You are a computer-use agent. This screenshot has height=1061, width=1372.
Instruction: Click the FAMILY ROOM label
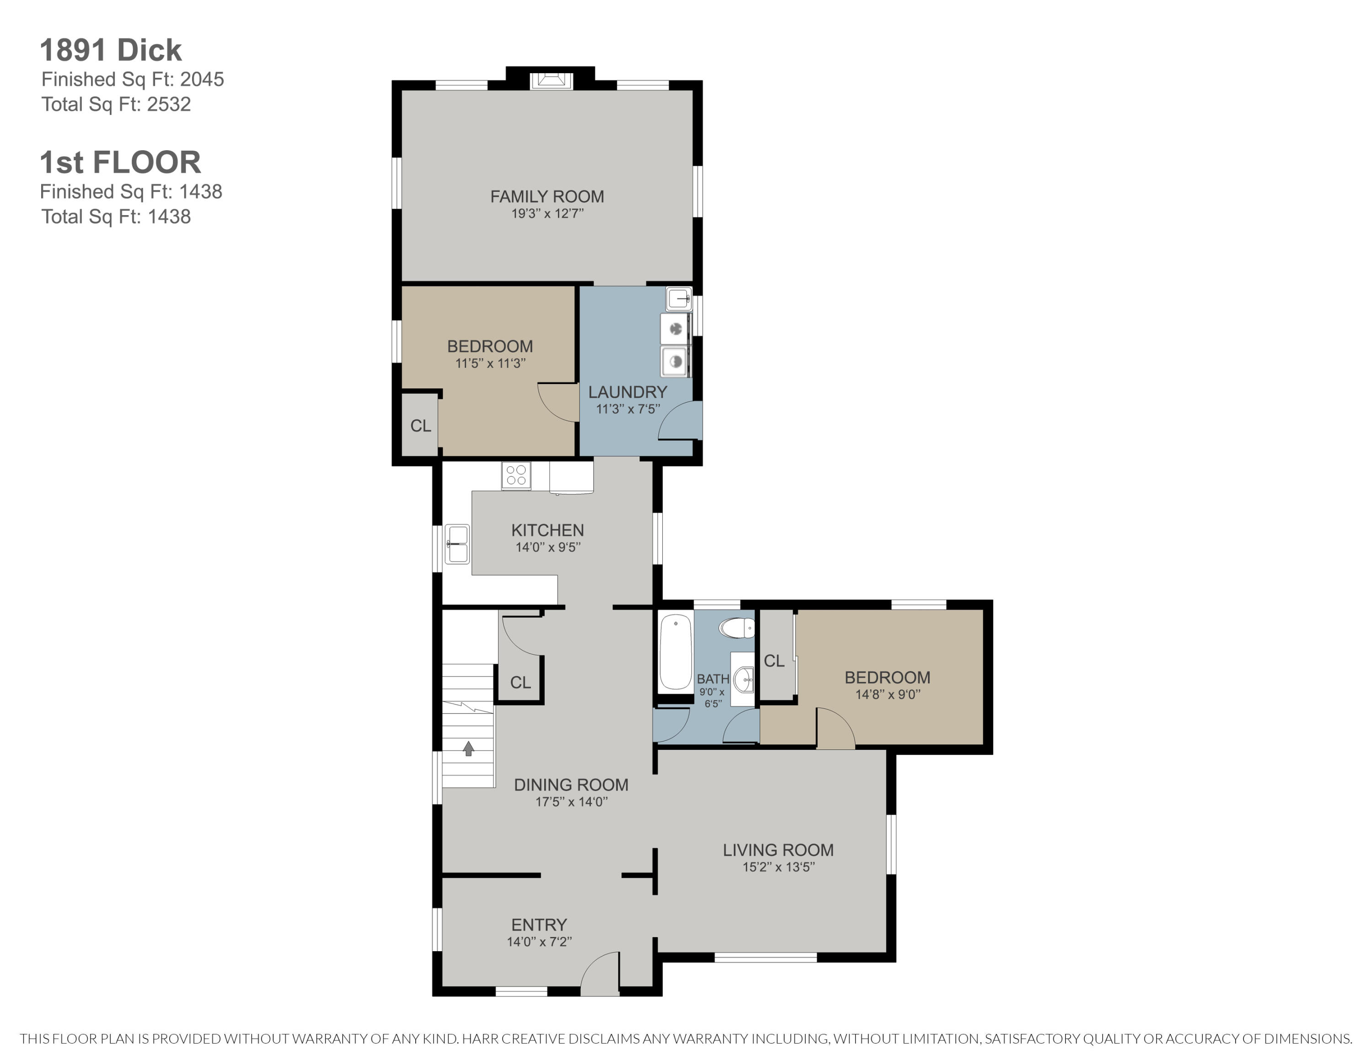pos(547,197)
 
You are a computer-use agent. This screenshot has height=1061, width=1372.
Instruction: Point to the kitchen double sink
pos(457,544)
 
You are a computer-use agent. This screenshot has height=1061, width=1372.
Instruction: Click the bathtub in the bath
pos(675,652)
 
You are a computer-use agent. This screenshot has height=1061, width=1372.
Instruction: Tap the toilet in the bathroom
pos(736,627)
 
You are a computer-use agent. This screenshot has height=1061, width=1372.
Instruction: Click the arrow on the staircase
pos(468,748)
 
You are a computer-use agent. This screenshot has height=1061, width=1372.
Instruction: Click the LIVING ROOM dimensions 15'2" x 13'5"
pos(778,867)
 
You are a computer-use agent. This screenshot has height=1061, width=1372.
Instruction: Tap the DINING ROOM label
pos(571,785)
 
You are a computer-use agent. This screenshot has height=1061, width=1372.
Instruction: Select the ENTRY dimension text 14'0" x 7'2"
pos(539,942)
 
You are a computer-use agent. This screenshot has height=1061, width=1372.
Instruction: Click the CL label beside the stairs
pos(520,682)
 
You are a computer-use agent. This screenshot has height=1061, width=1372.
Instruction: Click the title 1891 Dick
pos(111,50)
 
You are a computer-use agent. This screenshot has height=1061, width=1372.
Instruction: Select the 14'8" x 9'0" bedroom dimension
pos(888,694)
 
